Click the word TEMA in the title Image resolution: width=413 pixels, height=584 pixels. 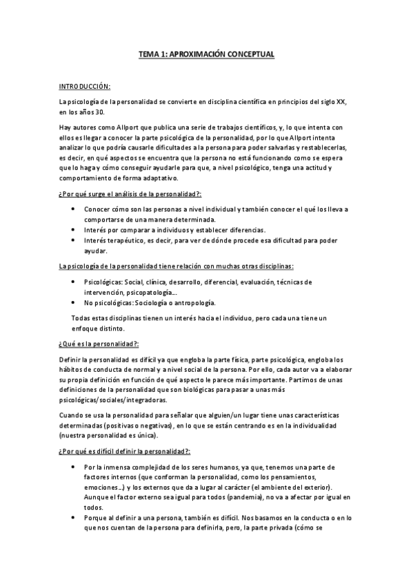tap(149, 52)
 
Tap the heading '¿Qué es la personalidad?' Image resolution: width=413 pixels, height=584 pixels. tap(99, 344)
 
